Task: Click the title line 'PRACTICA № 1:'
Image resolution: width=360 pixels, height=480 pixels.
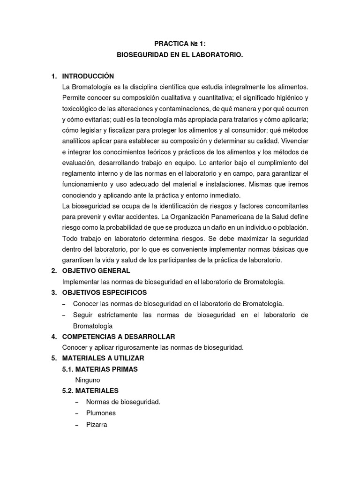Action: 180,43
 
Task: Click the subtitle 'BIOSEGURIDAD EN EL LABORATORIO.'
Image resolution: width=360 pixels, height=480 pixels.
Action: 180,55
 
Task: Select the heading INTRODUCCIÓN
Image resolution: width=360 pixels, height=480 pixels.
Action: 88,76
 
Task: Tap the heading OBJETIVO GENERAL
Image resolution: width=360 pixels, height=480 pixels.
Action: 96,271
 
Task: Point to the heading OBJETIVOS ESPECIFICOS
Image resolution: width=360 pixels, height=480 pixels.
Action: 101,292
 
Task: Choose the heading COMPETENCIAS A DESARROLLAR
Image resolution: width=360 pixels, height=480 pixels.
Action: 119,337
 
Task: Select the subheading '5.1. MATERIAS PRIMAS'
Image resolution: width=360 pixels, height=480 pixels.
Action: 100,369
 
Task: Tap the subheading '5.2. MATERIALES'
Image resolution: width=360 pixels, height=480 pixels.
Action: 90,390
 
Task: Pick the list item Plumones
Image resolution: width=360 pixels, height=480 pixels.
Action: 101,413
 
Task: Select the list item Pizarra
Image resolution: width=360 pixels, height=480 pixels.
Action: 97,424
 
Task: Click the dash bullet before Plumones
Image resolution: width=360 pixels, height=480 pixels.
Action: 77,413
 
